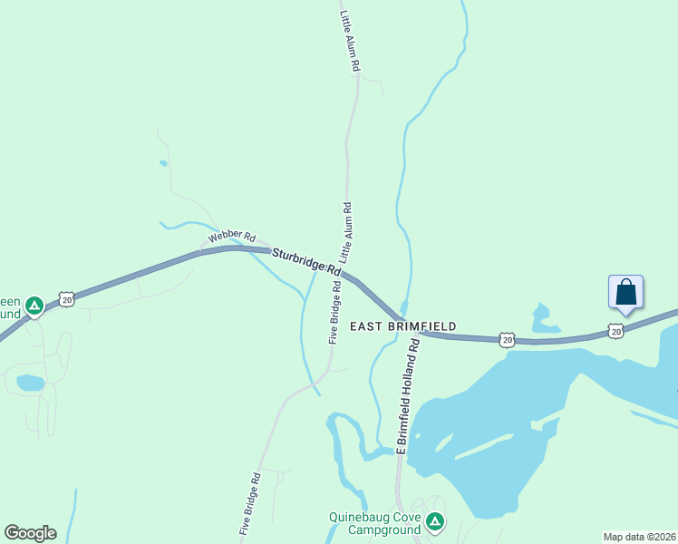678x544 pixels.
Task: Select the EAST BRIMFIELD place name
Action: pos(402,325)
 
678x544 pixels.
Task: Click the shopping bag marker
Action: pos(625,293)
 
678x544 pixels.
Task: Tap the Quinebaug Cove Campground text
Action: pos(373,523)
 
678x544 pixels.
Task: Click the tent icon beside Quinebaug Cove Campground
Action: pos(436,521)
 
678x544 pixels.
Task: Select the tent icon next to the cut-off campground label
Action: pos(34,306)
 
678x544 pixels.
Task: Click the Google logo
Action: pos(30,533)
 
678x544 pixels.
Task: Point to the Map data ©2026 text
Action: pos(639,537)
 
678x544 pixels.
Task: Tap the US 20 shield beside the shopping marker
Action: pos(616,332)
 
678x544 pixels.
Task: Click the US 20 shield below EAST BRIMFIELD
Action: pos(507,339)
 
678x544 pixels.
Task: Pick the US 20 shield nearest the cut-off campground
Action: pos(65,297)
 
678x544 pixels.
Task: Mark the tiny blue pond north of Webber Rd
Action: pos(163,163)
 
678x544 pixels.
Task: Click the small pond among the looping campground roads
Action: pos(30,383)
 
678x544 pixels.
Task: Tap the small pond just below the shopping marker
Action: pos(542,317)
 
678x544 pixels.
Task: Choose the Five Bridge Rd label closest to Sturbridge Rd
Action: pos(334,313)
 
